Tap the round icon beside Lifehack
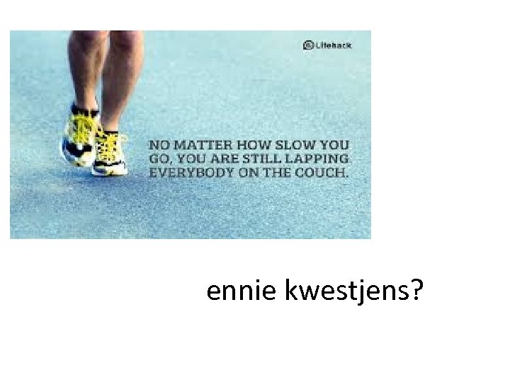click(x=308, y=45)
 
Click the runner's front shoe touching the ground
click(x=110, y=150)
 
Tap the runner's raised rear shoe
click(x=78, y=134)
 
